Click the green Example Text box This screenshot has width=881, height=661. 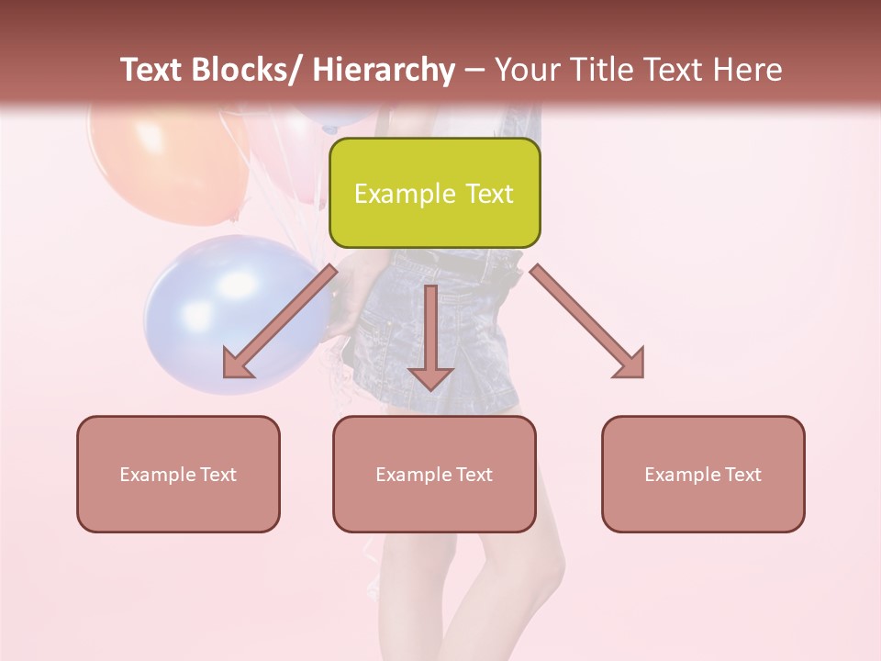[434, 193]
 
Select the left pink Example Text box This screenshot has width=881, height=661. [178, 474]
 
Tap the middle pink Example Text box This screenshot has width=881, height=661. [434, 474]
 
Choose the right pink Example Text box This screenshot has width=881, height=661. [703, 474]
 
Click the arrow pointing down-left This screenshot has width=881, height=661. [280, 321]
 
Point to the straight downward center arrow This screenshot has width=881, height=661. [430, 335]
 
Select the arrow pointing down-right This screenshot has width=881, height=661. [587, 321]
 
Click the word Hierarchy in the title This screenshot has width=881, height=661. [384, 70]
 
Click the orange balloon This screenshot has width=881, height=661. [165, 156]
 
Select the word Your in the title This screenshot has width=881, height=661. [527, 70]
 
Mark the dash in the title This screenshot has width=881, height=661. [474, 70]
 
